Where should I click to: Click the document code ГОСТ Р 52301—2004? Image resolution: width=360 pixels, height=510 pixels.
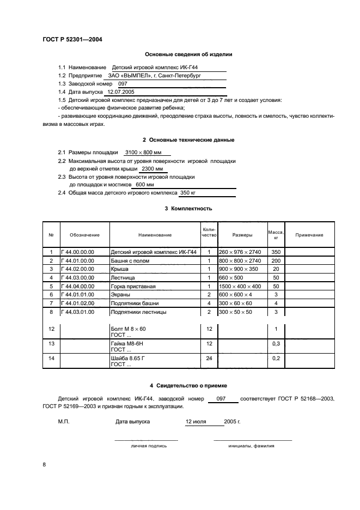pos(72,40)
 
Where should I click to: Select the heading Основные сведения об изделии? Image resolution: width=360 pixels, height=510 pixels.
pos(188,54)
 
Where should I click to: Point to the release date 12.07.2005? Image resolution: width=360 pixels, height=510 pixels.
pos(121,93)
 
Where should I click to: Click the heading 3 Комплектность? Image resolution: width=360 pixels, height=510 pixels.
pos(188,209)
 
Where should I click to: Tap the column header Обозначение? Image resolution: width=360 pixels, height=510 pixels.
pos(84,235)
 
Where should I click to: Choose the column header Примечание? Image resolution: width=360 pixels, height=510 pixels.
pos(309,235)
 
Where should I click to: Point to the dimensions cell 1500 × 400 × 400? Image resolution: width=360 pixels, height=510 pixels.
pos(240,286)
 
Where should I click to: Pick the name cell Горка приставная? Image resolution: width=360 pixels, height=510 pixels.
pos(133,286)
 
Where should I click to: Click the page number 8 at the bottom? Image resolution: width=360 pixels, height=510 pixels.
pos(45,464)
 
